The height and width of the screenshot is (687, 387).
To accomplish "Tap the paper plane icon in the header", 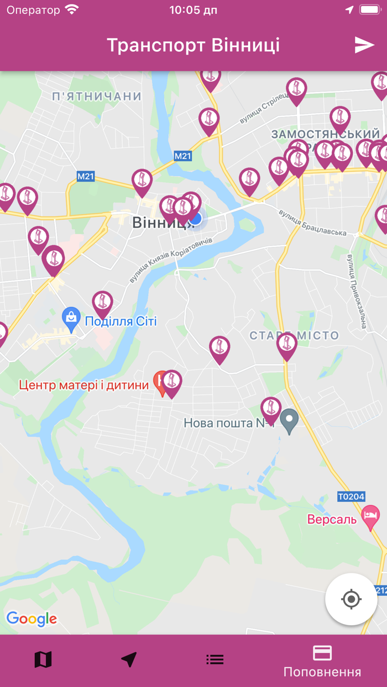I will click(x=364, y=45).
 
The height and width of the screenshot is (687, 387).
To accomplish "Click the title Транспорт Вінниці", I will click(x=193, y=45).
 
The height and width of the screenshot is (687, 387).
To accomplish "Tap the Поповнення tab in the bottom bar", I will click(x=322, y=661).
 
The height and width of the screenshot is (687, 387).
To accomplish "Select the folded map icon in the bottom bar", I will click(x=43, y=659).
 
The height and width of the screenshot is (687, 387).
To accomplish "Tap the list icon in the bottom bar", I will click(x=215, y=659).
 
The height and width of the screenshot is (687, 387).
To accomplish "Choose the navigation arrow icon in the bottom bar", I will click(x=129, y=659).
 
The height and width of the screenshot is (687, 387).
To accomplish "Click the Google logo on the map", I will click(x=32, y=619).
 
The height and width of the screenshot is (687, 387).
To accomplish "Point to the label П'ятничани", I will click(x=97, y=97).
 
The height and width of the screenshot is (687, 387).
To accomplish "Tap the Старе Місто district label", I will click(x=294, y=335).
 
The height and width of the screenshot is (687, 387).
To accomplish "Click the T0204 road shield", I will click(x=351, y=496).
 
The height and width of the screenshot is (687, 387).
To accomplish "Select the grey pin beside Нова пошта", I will click(x=289, y=420).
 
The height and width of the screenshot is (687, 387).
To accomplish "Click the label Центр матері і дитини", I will click(x=84, y=385).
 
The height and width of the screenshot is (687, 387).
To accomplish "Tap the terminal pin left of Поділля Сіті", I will click(x=102, y=303).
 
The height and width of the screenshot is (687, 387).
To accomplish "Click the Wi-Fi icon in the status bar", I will click(x=72, y=10).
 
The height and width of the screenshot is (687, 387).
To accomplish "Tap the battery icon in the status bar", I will click(x=370, y=10).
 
